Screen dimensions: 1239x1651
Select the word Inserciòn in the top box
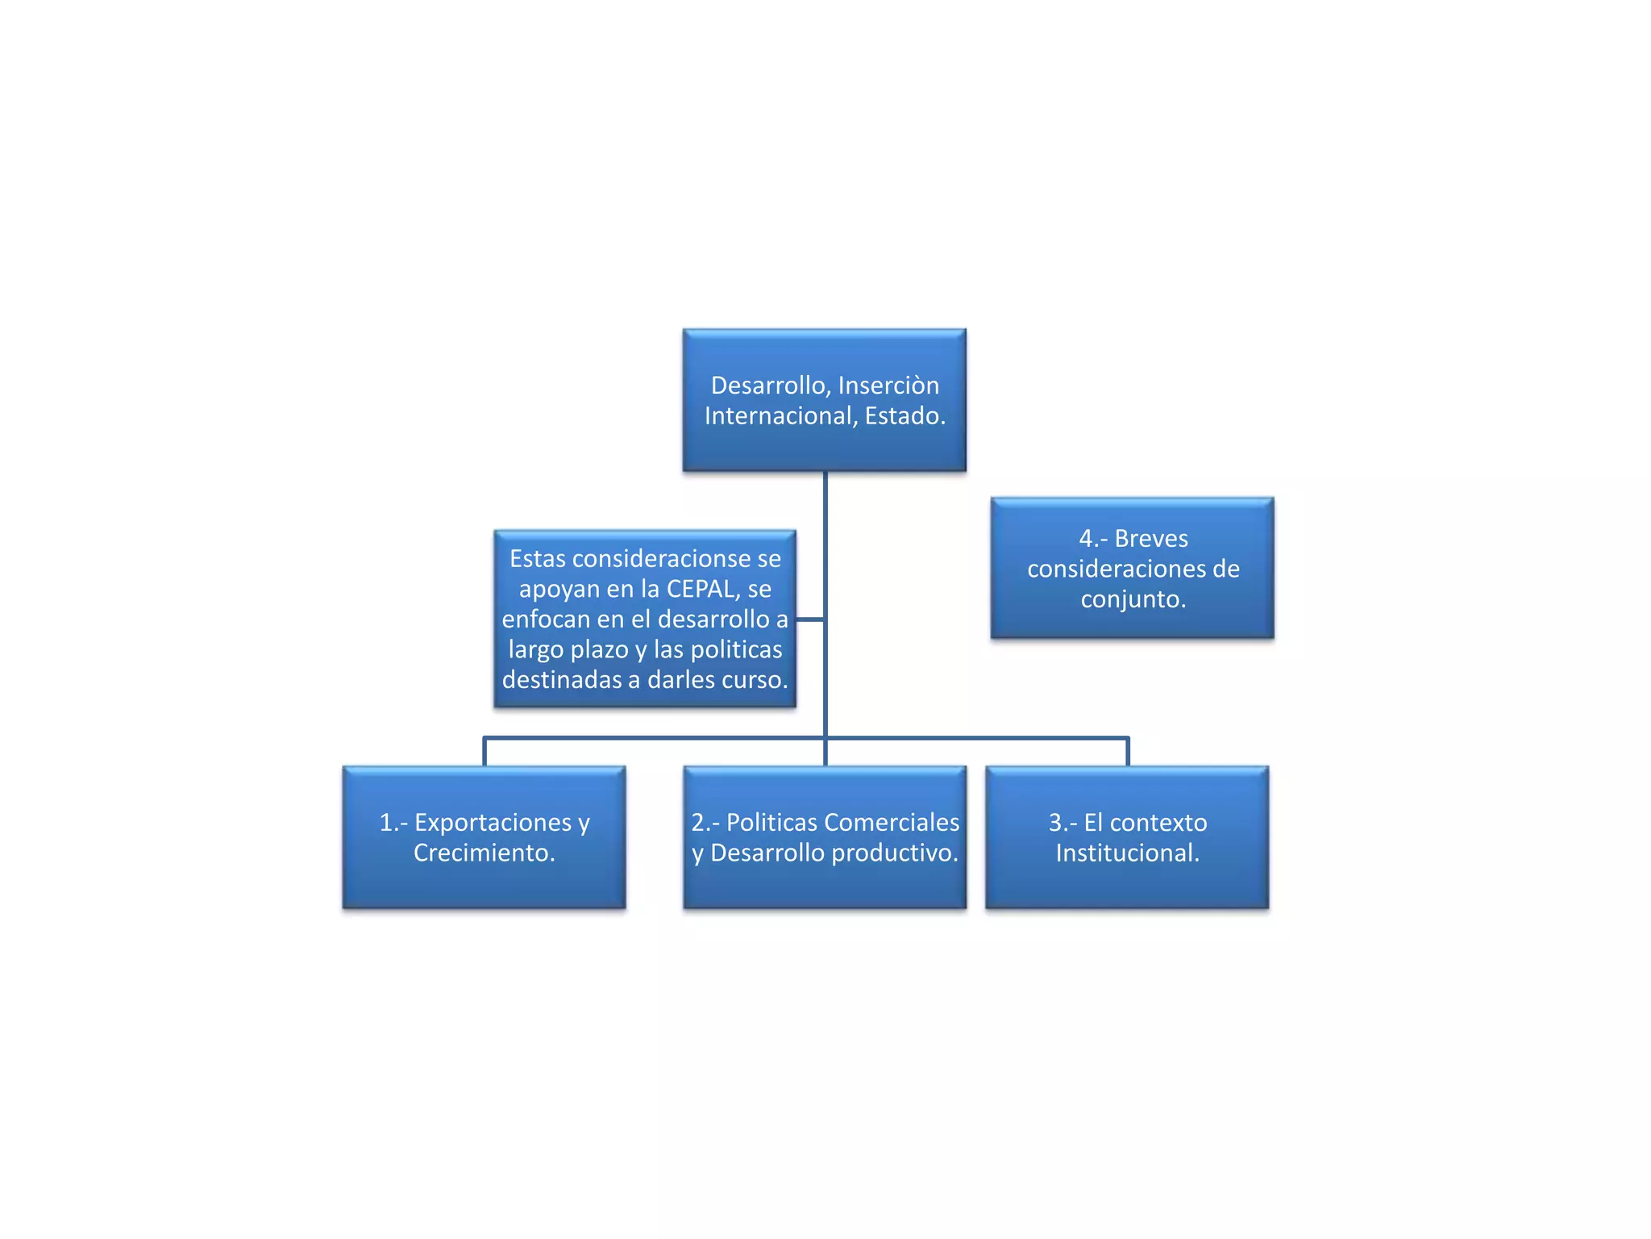888,386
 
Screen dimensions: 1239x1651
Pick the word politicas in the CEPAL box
736,649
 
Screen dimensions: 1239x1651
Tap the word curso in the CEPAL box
757,680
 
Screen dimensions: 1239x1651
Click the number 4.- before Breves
1093,538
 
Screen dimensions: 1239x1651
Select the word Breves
1151,538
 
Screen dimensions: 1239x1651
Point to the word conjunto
1133,599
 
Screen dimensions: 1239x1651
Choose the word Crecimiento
484,853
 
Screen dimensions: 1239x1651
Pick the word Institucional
1127,853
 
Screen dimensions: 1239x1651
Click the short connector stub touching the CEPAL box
810,619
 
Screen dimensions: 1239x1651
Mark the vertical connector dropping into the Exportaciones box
484,752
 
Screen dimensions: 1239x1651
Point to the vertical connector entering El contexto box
1127,752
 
